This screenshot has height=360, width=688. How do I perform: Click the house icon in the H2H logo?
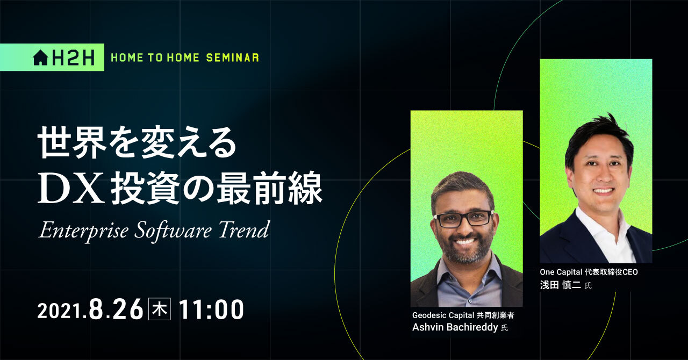pos(40,57)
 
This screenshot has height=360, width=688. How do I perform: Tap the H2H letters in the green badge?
pos(73,57)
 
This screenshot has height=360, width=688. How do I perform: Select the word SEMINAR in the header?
pos(233,57)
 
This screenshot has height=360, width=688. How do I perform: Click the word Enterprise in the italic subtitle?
pos(83,231)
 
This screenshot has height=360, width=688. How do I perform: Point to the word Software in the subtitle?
pos(173,231)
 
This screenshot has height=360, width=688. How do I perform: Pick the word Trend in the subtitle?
pos(244,230)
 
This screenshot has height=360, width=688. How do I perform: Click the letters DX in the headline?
pos(71,188)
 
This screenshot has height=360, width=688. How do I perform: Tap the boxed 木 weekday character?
pos(160,309)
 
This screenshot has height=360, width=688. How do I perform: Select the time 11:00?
pos(211,309)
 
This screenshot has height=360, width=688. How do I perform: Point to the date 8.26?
pos(117,309)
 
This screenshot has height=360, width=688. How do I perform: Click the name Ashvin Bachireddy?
pos(455,327)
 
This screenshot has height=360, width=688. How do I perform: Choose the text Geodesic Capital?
pos(443,315)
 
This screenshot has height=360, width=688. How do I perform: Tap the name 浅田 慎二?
pos(560,285)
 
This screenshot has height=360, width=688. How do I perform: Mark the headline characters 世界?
pos(72,142)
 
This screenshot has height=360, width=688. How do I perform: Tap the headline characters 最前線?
pos(270,188)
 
